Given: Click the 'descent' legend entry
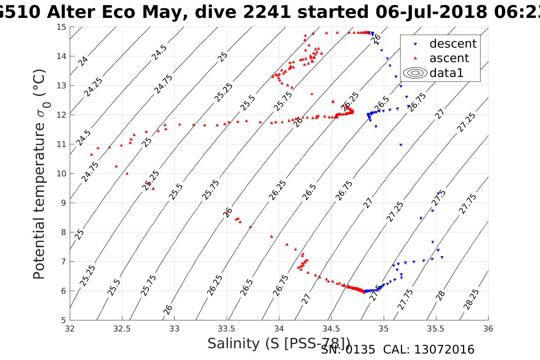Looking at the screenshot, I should coord(453,44).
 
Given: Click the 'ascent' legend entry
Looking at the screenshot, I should coord(449,58).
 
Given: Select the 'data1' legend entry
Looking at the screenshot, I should coord(446,73).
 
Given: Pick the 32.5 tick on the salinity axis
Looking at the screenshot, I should coord(122,329).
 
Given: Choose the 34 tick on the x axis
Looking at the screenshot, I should coord(279,329).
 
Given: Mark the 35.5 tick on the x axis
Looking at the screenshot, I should coord(436,329).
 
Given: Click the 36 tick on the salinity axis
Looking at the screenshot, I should coord(488,329).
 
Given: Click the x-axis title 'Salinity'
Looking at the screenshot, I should coord(234,344).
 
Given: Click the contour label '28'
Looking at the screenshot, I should coord(441,295).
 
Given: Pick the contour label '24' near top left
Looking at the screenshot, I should coord(83,61).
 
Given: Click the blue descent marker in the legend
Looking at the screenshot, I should coord(415,44).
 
